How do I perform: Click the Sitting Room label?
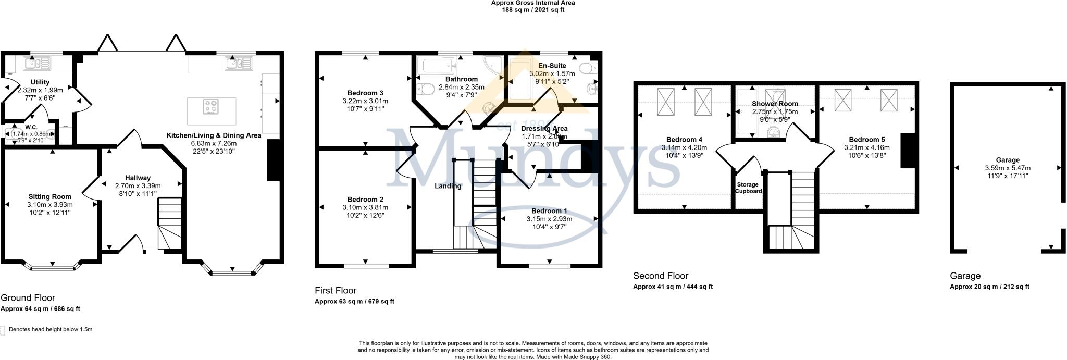tap(50, 196)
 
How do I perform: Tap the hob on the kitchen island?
tap(211, 107)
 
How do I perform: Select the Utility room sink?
tap(36, 64)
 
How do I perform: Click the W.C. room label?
tap(31, 127)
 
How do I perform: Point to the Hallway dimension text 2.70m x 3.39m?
tap(138, 185)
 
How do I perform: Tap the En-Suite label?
tap(552, 66)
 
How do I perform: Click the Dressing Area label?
tap(544, 128)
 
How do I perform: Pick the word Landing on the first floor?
tap(448, 185)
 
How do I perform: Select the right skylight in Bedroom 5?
tap(889, 100)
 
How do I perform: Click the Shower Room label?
tap(775, 104)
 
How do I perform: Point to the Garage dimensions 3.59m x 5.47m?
tap(1007, 168)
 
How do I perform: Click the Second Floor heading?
tap(660, 276)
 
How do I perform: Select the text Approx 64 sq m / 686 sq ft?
tap(40, 309)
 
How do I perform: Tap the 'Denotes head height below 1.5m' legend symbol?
tap(4, 330)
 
